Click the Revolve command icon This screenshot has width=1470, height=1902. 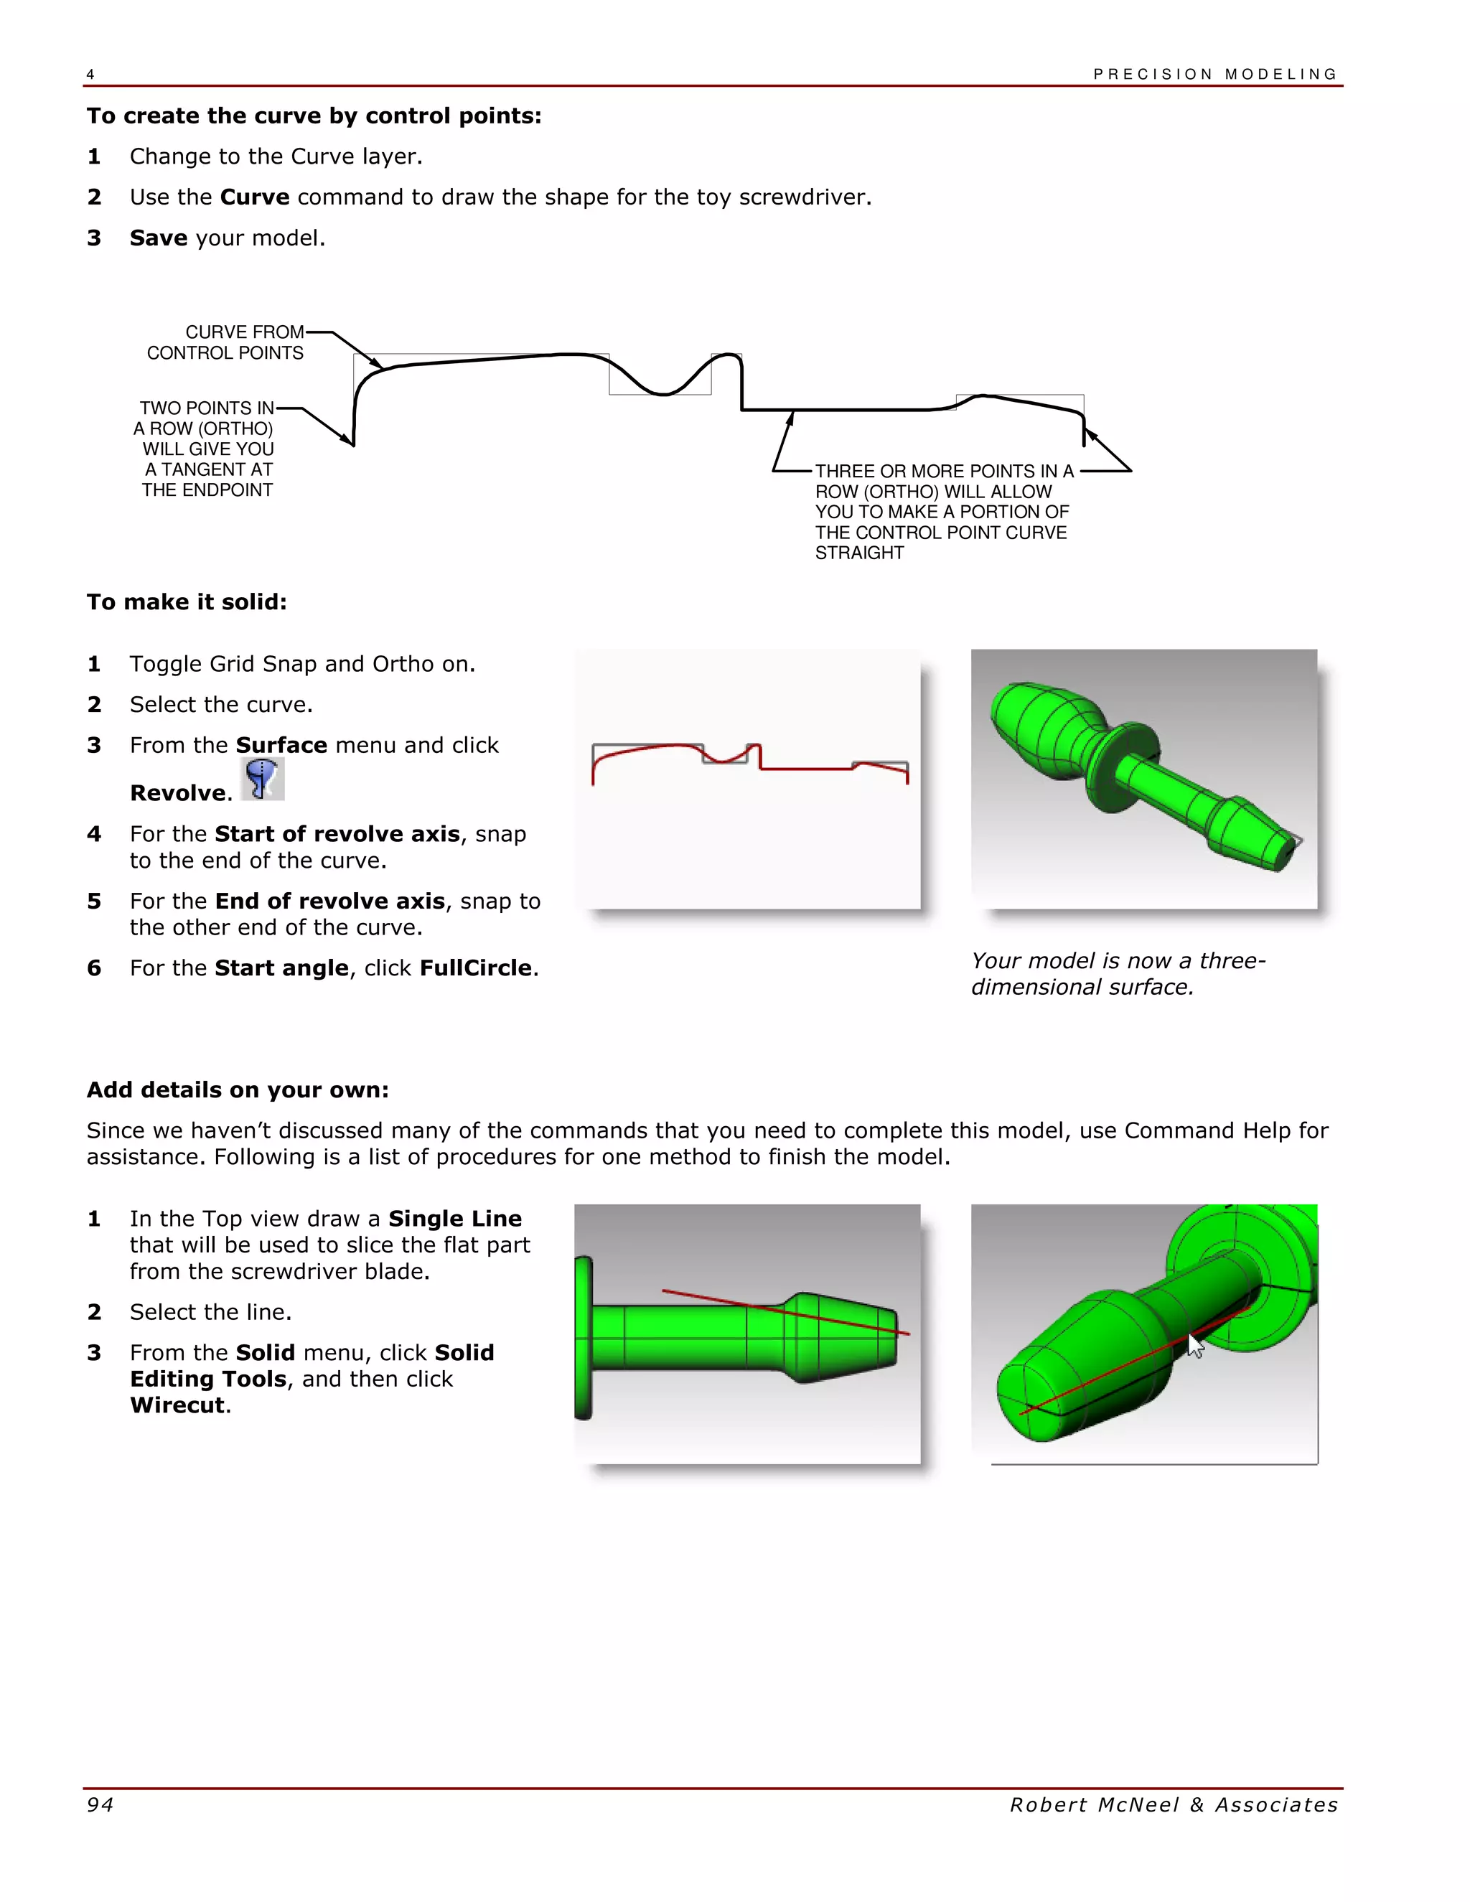tap(261, 779)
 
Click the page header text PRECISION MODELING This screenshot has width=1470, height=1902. tap(1215, 74)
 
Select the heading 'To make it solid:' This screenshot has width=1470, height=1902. tap(187, 601)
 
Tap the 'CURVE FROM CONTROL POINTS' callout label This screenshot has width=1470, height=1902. tap(226, 342)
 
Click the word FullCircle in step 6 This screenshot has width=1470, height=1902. tap(475, 968)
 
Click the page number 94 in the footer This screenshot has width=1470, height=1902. tap(100, 1804)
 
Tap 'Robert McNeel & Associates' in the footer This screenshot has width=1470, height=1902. tap(1173, 1804)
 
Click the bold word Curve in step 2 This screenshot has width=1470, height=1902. tap(254, 197)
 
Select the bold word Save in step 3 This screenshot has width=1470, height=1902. tap(159, 238)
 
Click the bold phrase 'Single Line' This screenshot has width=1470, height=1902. tap(454, 1219)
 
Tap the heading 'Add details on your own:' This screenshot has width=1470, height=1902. tap(237, 1090)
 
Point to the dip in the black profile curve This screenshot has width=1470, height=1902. tap(662, 392)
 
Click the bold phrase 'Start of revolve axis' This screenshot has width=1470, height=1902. tap(337, 833)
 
